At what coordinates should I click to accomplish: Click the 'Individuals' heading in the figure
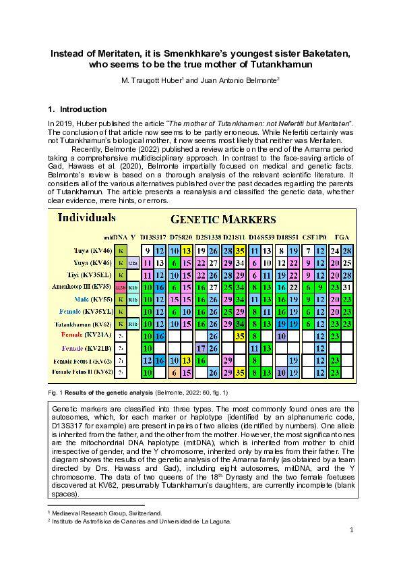point(86,218)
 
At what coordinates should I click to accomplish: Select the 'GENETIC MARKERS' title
point(222,220)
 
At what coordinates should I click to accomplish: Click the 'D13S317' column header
point(153,237)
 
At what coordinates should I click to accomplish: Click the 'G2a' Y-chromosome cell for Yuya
point(133,263)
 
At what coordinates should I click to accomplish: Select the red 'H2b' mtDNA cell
point(121,287)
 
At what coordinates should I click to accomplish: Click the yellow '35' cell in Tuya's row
point(239,251)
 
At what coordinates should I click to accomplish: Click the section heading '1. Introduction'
point(78,109)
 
